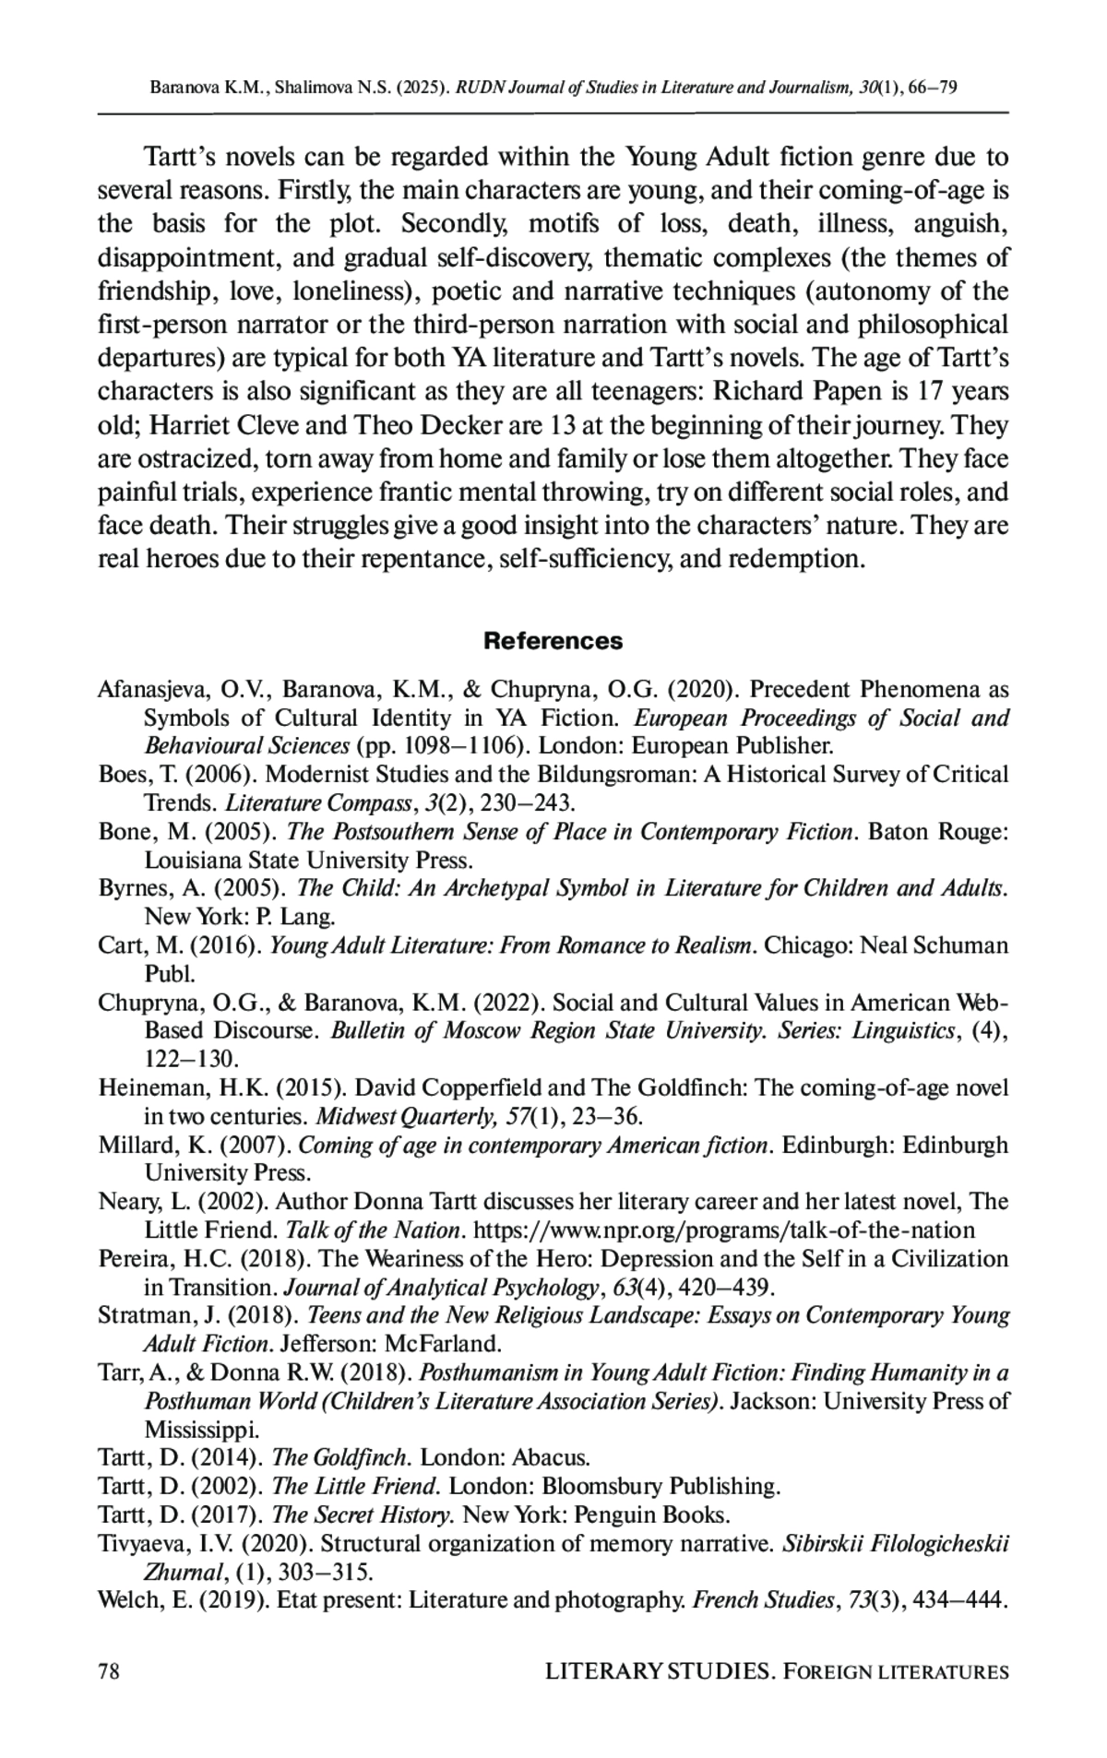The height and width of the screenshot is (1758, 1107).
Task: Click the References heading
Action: [553, 640]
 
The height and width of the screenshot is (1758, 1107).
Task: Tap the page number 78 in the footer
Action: [110, 1671]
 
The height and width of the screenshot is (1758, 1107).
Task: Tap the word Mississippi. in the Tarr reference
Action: [202, 1430]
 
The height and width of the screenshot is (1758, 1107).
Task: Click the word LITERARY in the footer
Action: [598, 1671]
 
